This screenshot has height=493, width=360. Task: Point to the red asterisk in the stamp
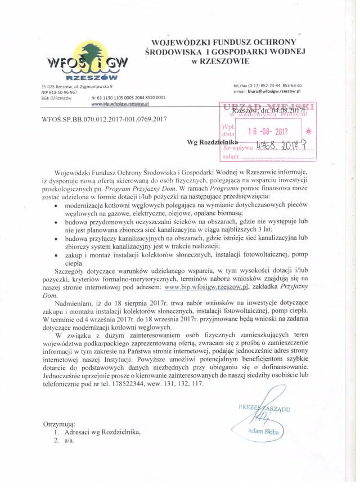307,131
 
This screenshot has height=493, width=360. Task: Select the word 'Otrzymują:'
59,423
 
